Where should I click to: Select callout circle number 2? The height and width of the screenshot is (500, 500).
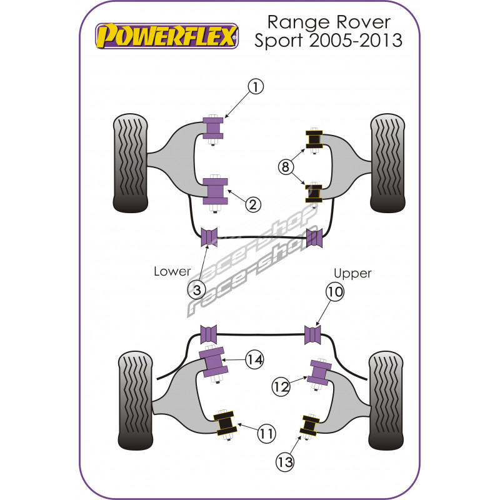[252, 204]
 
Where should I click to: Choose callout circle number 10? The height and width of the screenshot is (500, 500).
[334, 292]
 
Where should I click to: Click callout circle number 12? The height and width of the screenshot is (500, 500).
[281, 387]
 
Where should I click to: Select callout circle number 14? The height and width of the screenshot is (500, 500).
[254, 359]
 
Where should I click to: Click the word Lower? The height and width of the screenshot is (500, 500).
[172, 272]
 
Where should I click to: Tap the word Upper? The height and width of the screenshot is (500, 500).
[352, 273]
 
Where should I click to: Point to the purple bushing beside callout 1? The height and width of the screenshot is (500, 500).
[214, 129]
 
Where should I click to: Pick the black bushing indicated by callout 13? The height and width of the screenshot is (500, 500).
[309, 425]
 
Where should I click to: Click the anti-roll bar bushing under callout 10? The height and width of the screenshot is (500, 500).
[314, 335]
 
